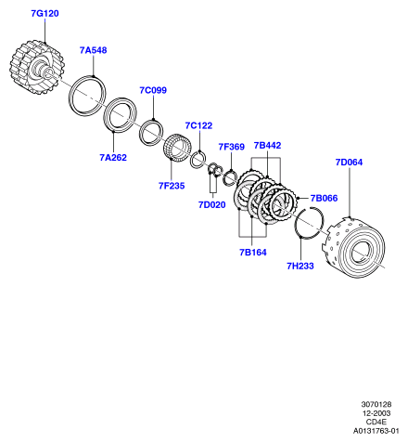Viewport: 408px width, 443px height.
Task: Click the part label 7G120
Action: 45,14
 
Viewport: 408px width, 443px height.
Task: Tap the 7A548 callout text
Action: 93,50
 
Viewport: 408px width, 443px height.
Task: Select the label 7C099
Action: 153,90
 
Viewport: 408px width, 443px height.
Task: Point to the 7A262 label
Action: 113,158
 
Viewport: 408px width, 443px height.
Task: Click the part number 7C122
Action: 198,125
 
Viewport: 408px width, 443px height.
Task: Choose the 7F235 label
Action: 172,186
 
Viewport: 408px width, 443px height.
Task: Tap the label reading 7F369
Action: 232,147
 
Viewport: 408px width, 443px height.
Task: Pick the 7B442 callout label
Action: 267,145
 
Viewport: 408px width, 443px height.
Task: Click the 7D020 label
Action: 212,204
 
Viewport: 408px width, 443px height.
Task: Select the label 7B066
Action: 324,198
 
